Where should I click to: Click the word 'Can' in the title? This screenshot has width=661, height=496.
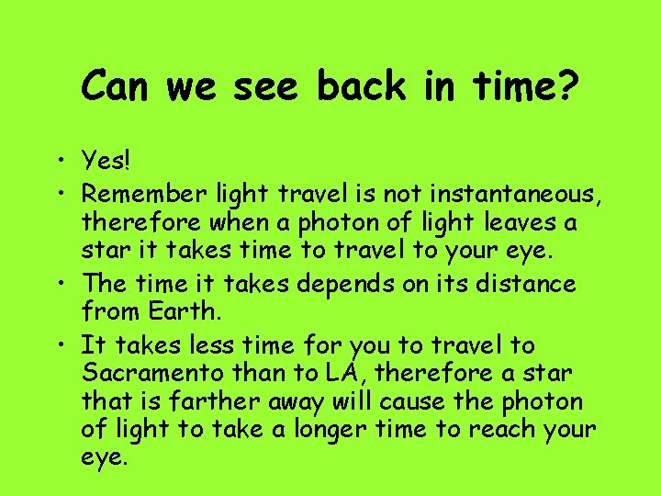(118, 87)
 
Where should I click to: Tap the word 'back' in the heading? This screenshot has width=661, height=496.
(361, 87)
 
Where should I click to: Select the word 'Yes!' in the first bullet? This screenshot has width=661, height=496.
(106, 163)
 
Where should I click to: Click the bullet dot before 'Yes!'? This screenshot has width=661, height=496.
(68, 163)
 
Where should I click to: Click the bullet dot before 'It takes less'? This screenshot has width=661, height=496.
(68, 346)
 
